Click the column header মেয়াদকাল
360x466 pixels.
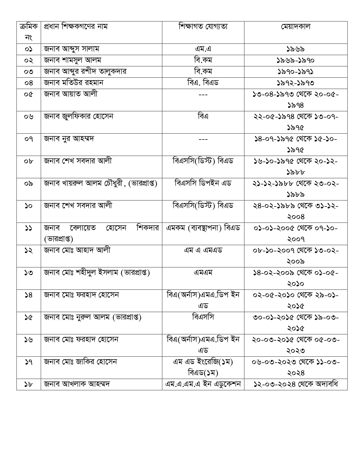(x=296, y=27)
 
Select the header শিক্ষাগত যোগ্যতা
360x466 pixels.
(x=203, y=27)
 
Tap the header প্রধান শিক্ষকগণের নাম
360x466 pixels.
(x=76, y=27)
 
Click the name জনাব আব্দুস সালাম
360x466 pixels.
(x=71, y=49)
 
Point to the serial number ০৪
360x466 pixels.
(x=29, y=83)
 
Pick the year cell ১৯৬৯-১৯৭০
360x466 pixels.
(x=296, y=60)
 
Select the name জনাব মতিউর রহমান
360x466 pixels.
(x=74, y=83)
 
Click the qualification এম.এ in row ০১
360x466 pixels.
(x=203, y=49)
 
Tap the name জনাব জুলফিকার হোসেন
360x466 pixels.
(x=78, y=116)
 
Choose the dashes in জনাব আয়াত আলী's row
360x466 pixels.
(x=203, y=94)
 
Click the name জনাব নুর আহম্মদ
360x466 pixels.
(x=69, y=139)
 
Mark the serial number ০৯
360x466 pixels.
(x=29, y=184)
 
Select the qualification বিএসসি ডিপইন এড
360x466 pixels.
(x=203, y=183)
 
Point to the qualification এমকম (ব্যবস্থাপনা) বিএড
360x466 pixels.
(x=203, y=228)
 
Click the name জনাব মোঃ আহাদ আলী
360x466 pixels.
(x=77, y=250)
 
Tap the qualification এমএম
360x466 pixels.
(x=203, y=273)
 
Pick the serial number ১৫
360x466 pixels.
(x=29, y=317)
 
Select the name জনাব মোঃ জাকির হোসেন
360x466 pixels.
(x=80, y=362)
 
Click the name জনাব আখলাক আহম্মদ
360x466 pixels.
(x=77, y=384)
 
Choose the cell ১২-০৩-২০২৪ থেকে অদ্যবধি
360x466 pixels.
(x=296, y=384)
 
